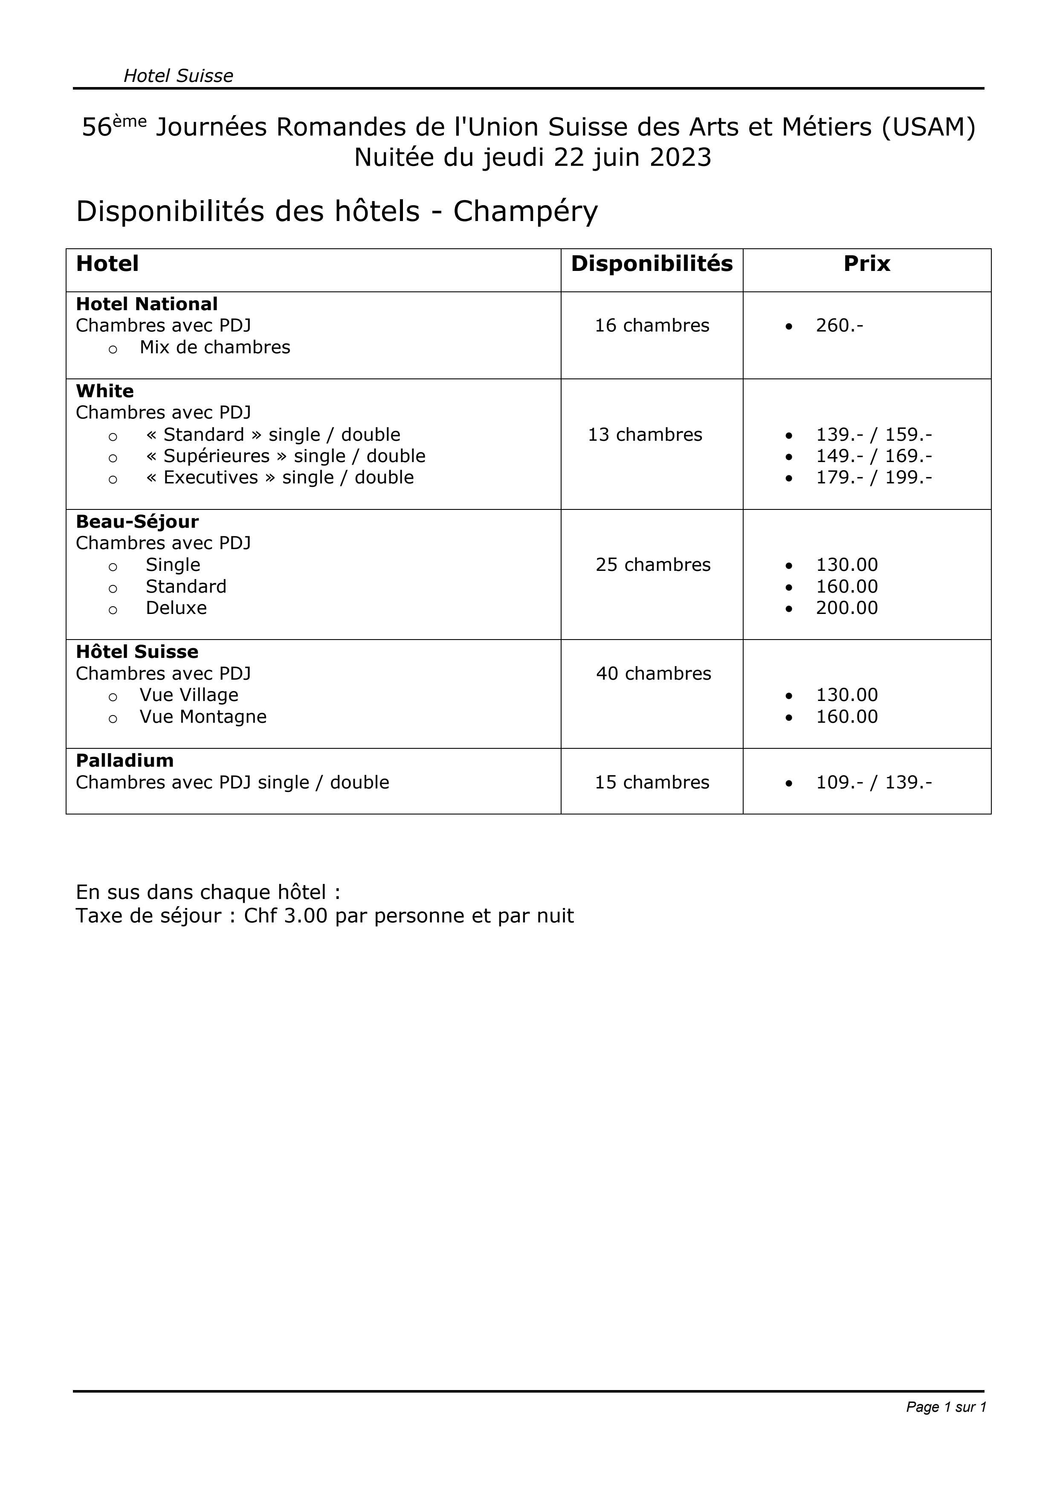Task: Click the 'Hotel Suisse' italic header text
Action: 178,76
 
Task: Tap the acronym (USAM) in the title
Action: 929,127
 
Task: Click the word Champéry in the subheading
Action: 525,211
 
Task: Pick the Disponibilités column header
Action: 652,264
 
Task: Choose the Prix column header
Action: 866,264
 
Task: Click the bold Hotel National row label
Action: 146,304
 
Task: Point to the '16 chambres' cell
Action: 652,326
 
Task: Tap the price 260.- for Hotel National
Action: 839,326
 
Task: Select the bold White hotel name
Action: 105,391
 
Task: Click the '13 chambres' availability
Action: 645,435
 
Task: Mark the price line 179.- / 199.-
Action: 874,478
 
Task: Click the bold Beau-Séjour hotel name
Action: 137,521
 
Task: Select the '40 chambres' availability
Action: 654,674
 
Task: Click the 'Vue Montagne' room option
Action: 203,717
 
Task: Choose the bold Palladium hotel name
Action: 125,761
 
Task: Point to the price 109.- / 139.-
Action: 874,782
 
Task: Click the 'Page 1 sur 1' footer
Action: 946,1407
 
